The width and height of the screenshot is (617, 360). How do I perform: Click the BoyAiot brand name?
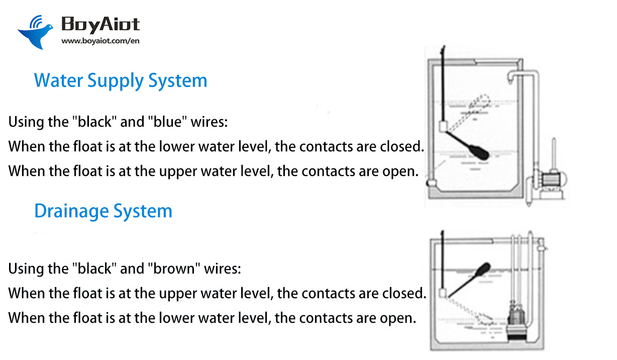coord(100,25)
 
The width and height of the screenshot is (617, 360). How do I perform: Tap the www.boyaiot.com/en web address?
coord(100,41)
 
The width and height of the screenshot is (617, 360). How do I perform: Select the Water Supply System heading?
coord(121,80)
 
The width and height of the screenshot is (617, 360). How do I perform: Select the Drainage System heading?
coord(104,211)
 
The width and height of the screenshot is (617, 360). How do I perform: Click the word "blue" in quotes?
coord(167,122)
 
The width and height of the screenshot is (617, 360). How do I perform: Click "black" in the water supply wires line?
coord(95,122)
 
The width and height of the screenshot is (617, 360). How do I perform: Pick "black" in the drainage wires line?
coord(95,268)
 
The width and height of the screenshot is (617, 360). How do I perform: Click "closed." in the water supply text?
coord(402,146)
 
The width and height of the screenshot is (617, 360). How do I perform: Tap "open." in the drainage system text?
coord(398,318)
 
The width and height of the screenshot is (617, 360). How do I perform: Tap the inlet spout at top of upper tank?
coord(510,78)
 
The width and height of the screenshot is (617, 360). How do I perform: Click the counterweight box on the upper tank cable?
coord(443,127)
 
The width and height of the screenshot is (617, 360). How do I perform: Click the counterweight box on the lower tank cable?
coord(442,293)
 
